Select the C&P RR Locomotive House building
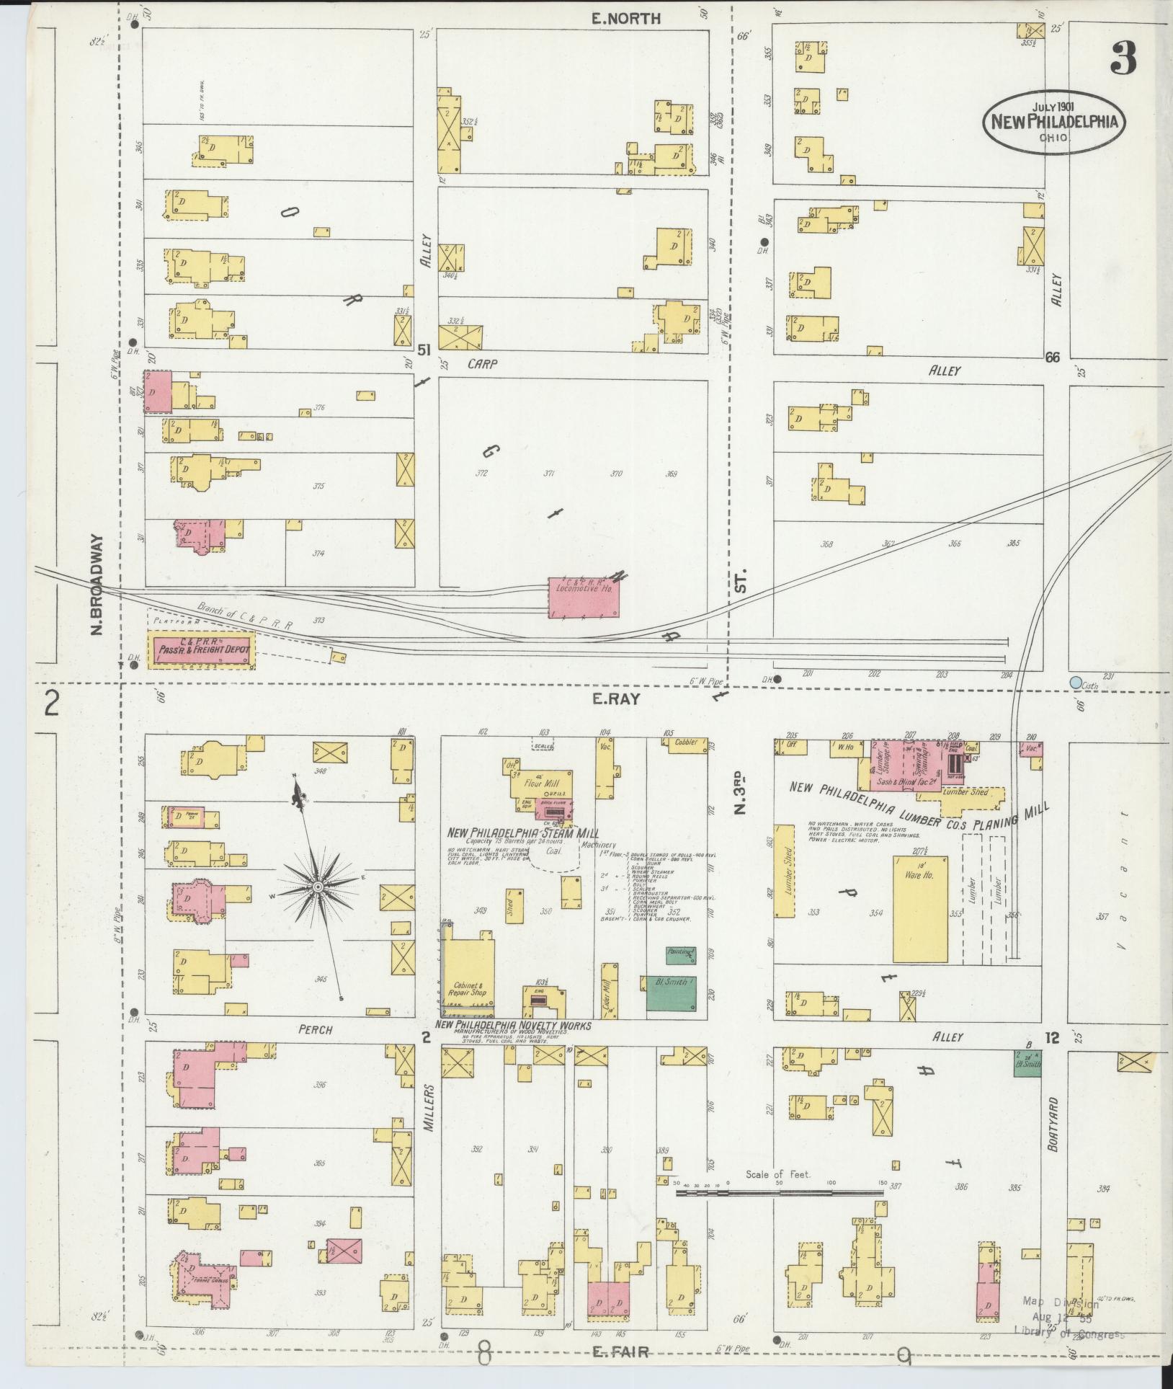tap(583, 596)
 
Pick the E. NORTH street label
tap(625, 19)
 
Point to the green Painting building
tap(680, 955)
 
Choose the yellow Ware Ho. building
tap(919, 908)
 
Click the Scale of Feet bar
tap(779, 1193)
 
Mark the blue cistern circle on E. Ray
tap(1076, 682)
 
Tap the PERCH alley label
tap(316, 1030)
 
